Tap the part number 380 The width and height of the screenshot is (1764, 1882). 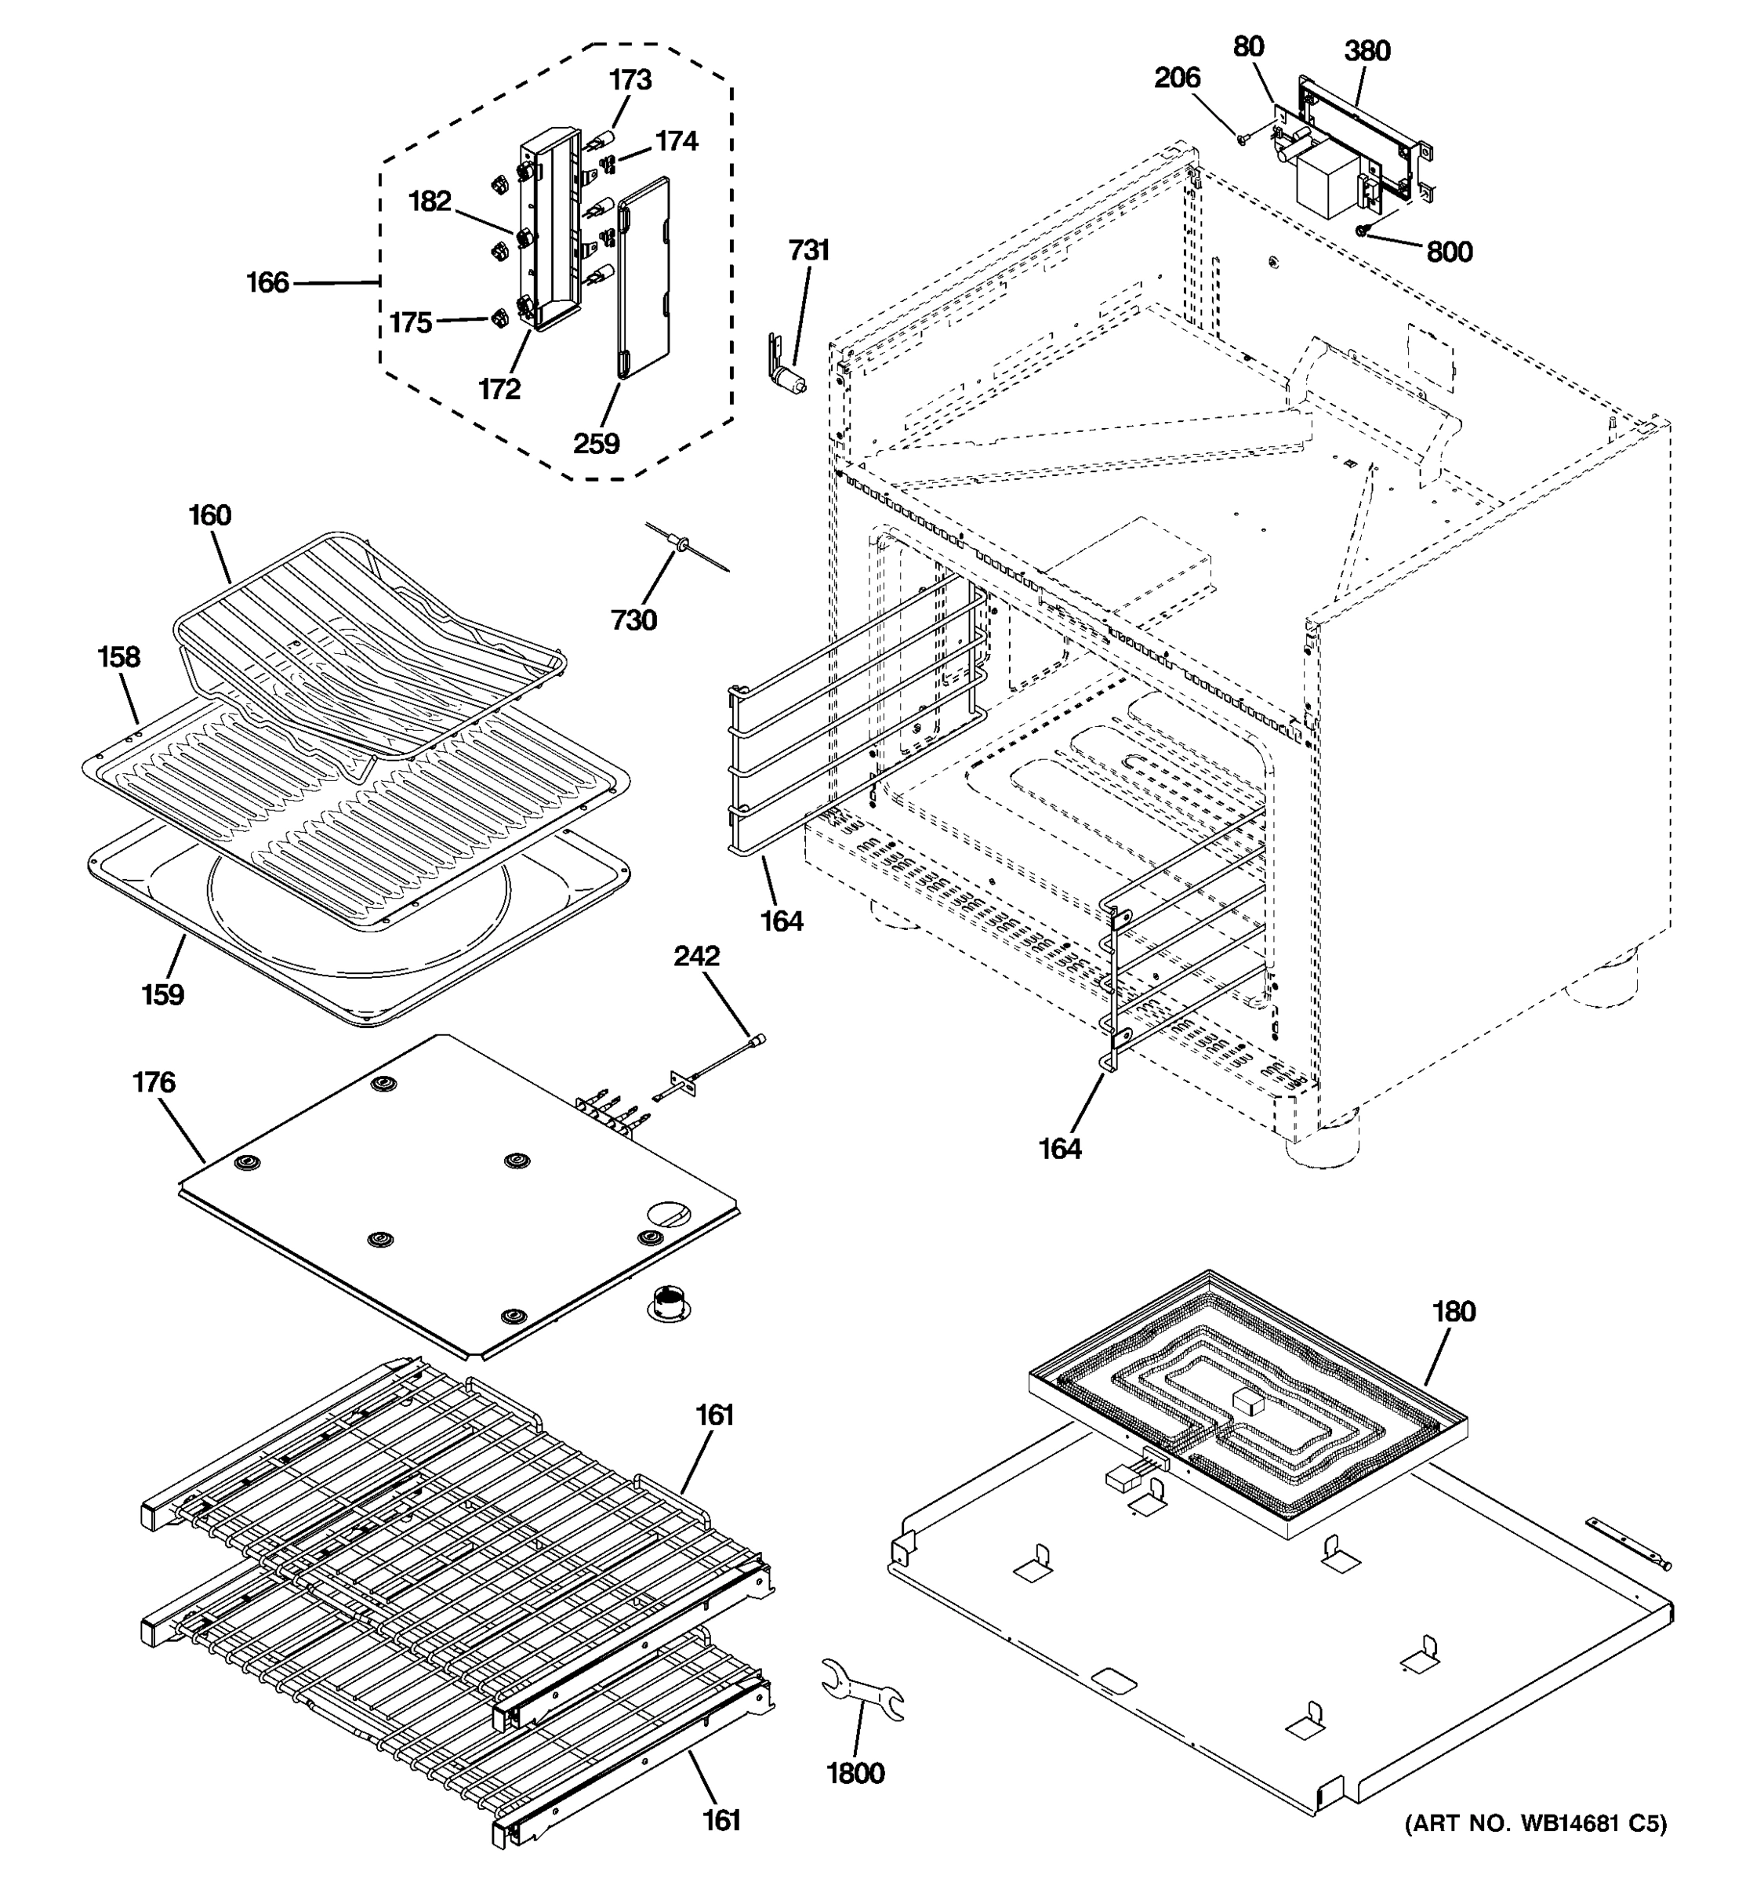coord(1367,51)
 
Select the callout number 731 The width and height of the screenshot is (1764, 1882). coord(809,250)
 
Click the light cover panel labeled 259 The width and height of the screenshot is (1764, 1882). coord(644,279)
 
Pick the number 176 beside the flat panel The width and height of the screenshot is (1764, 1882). coord(154,1082)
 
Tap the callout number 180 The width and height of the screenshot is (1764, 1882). coord(1454,1312)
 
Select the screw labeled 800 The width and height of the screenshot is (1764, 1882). coord(1363,229)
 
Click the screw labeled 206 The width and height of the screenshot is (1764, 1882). coord(1243,139)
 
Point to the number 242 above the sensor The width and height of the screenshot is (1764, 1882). coord(696,956)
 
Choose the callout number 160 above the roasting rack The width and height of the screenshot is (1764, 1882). coord(209,516)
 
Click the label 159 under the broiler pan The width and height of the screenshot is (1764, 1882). coord(163,995)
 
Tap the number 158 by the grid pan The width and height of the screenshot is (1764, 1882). coord(119,657)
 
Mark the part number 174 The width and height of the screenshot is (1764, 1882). coord(677,141)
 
